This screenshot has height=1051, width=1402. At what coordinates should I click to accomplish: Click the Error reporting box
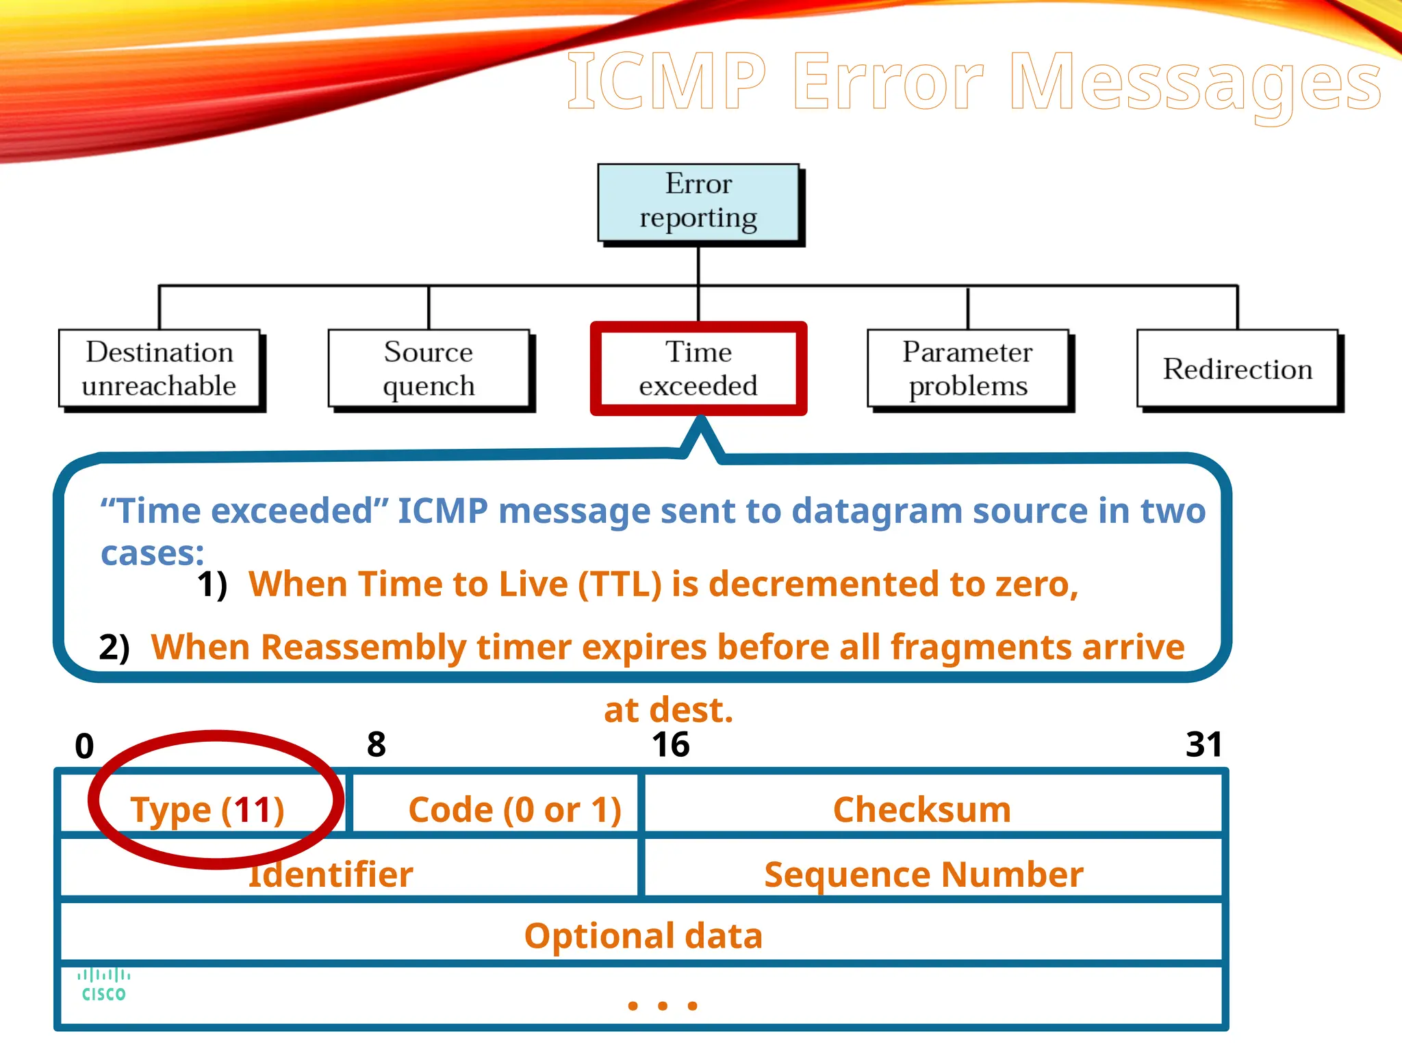click(698, 202)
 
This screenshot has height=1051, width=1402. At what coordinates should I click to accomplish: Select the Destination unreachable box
click(160, 369)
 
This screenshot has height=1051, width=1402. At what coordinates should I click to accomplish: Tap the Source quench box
click(429, 369)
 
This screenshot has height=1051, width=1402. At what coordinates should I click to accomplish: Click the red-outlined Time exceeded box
click(698, 369)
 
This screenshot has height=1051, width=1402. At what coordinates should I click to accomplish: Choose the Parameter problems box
click(967, 369)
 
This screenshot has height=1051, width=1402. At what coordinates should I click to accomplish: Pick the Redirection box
click(1237, 369)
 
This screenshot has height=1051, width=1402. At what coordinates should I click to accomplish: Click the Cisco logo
click(103, 985)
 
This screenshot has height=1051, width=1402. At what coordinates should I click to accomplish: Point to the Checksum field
click(921, 809)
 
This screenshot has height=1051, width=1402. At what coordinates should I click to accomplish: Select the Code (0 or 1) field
click(515, 809)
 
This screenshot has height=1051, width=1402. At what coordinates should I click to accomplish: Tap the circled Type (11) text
click(207, 809)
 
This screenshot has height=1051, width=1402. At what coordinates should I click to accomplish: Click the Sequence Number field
click(923, 874)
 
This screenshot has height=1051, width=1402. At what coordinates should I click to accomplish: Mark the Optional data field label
click(643, 935)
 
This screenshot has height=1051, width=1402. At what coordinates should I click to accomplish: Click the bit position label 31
click(1203, 744)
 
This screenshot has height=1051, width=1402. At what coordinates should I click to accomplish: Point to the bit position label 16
click(670, 744)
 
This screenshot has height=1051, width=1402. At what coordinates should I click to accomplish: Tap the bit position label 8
click(377, 744)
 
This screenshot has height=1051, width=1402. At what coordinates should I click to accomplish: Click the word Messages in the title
click(1195, 82)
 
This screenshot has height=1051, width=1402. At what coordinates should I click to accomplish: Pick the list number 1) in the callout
click(212, 585)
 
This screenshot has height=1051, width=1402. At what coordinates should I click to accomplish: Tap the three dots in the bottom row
click(662, 1005)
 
